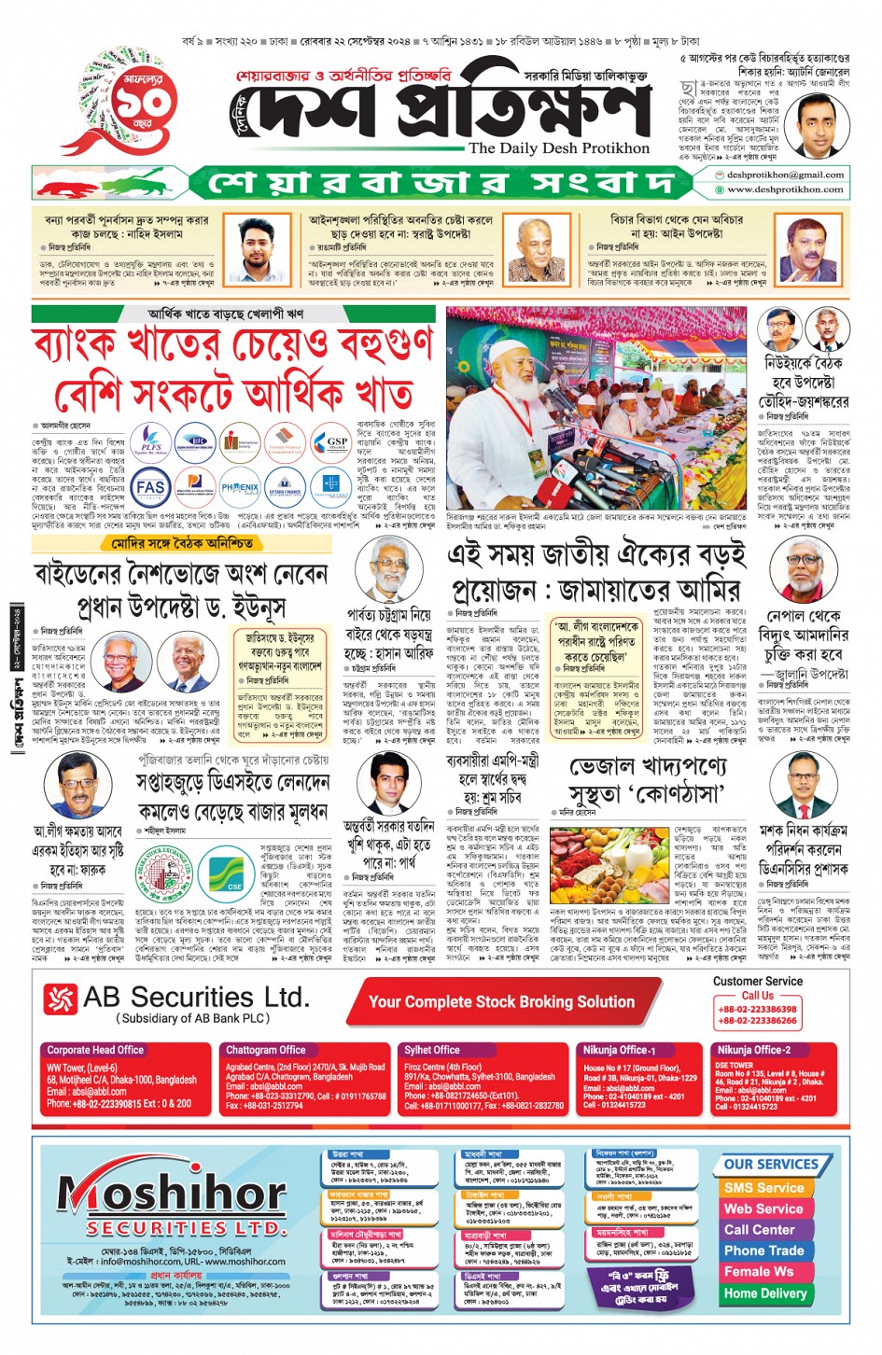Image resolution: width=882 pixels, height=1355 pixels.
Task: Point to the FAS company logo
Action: coord(150,487)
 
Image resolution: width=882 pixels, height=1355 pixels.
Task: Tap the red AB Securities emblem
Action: coord(61,999)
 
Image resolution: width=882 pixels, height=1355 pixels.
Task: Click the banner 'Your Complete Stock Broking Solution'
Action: coord(501,1002)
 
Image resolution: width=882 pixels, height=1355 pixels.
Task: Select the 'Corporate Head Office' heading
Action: coord(95,1050)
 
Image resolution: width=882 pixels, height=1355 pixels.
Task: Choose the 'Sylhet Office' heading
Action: coord(431,1050)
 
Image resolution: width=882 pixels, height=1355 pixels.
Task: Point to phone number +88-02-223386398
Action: coord(757,1009)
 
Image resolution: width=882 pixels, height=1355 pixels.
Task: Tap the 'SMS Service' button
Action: coord(763,1188)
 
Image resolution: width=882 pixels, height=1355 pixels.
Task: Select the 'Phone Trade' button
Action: coord(763,1250)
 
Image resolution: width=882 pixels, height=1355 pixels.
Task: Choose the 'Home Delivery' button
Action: coord(764,1293)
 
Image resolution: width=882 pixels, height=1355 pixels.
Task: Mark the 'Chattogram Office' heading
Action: coord(265,1050)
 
